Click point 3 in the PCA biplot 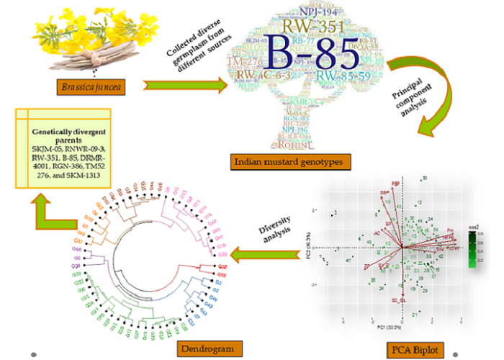tap(336, 212)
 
